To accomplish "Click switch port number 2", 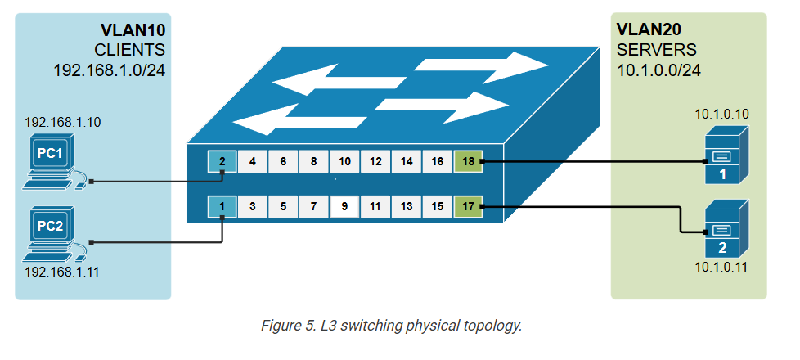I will (222, 162).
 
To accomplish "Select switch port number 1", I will (222, 207).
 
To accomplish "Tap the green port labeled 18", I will (466, 162).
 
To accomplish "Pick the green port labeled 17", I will (466, 207).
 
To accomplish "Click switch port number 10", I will (344, 162).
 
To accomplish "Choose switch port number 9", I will (344, 207).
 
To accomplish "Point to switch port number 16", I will (437, 162).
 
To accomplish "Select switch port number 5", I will (283, 207).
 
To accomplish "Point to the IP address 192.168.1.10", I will (62, 123).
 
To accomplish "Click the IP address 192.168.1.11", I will (62, 271).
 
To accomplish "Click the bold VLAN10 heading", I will (133, 30).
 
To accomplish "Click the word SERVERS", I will (657, 49).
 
